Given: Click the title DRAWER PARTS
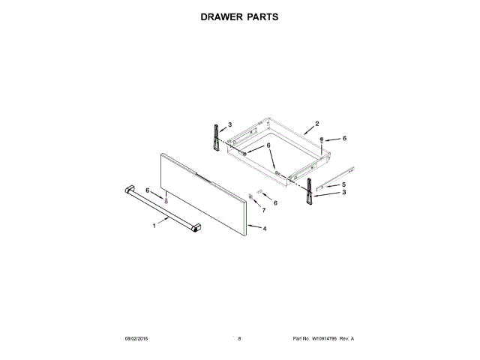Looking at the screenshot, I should pyautogui.click(x=239, y=16).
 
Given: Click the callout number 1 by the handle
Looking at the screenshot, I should pyautogui.click(x=155, y=223).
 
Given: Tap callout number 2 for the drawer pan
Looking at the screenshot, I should pyautogui.click(x=316, y=124).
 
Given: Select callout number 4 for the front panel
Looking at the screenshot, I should pyautogui.click(x=265, y=228).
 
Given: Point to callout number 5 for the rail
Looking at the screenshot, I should pyautogui.click(x=343, y=184).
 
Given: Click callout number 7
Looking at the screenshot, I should pyautogui.click(x=263, y=211).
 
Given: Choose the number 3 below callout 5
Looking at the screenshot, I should pyautogui.click(x=343, y=193).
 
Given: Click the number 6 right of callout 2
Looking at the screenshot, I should pyautogui.click(x=344, y=139).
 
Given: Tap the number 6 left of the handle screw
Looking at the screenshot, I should pyautogui.click(x=148, y=190).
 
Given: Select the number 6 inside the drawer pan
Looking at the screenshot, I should pyautogui.click(x=268, y=146).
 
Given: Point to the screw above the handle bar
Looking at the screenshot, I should pyautogui.click(x=166, y=199).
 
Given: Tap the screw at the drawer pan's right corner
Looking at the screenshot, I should pyautogui.click(x=322, y=139).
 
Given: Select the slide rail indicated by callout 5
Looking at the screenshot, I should pyautogui.click(x=334, y=178).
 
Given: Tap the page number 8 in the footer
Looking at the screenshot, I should pyautogui.click(x=239, y=338).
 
